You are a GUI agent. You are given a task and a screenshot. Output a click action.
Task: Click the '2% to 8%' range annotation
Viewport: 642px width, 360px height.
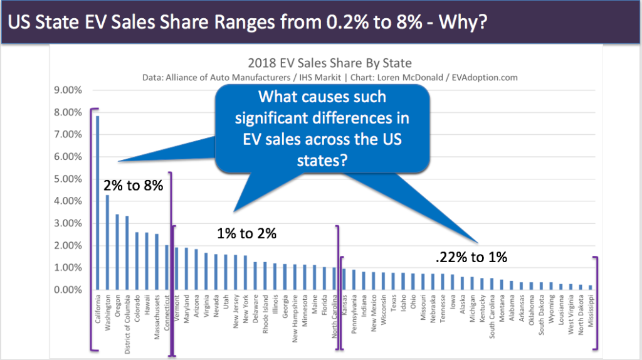click(x=133, y=186)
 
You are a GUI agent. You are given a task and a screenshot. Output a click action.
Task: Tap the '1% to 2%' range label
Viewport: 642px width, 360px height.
click(x=246, y=233)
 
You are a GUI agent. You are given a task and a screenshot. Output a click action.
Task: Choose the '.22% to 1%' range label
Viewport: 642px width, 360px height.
click(x=471, y=257)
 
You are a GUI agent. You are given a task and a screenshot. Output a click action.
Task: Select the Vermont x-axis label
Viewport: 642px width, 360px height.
click(x=176, y=307)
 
